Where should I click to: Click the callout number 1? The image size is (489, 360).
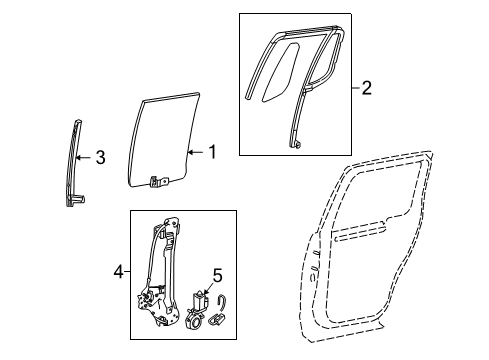coord(212,152)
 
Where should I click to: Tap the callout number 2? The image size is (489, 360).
coord(366,88)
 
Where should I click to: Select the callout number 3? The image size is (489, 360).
coord(100,157)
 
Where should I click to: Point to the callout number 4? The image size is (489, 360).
coord(119,272)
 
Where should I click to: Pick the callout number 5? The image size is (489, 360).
coord(217,276)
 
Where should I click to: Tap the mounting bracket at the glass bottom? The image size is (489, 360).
coord(159,182)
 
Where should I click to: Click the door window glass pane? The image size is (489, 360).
coord(163,140)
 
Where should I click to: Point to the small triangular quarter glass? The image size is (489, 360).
coord(280,72)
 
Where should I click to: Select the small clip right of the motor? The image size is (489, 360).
coord(217,319)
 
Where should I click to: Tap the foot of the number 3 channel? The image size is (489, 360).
coord(76,200)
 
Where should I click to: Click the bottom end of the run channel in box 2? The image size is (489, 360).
coord(297,144)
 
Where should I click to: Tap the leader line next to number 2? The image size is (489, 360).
coord(356,88)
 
